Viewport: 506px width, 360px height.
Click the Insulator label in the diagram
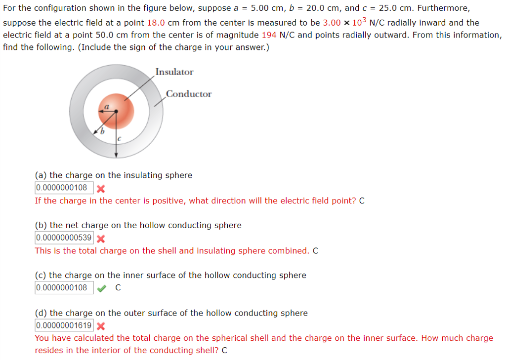point(174,72)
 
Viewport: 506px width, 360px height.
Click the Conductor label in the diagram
point(189,94)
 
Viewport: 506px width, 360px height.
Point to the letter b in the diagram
point(103,132)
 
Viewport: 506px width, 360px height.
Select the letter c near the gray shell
point(119,140)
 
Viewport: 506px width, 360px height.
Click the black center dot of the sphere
point(116,112)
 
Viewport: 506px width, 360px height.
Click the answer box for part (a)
point(64,188)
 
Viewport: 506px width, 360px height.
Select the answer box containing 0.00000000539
point(64,238)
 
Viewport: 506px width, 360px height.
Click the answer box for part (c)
point(64,288)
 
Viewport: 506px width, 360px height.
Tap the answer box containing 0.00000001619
point(64,325)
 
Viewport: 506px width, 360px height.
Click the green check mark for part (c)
point(101,288)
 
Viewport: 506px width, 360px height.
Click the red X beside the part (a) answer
point(100,188)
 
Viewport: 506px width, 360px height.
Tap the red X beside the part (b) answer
point(100,239)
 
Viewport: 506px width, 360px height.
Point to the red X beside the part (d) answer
point(100,326)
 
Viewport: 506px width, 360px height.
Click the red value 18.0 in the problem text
point(156,23)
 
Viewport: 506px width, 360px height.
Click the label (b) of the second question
point(41,225)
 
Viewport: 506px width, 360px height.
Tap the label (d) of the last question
point(41,313)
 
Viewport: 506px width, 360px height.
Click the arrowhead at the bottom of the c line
point(116,155)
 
